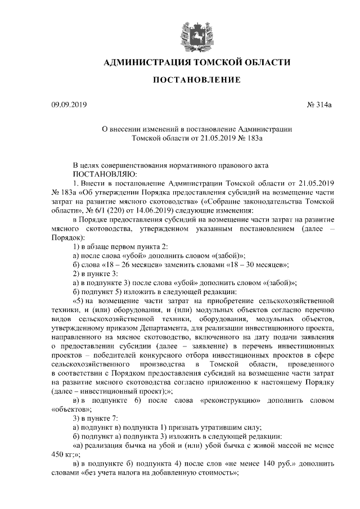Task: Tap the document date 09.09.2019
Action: tap(66, 105)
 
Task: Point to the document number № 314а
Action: tap(321, 105)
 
